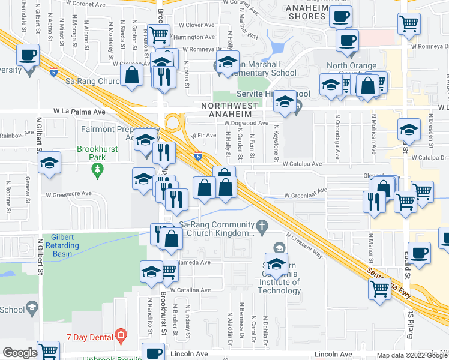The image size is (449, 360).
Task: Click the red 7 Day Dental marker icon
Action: [x=121, y=334]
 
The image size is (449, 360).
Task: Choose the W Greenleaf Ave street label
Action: [x=306, y=195]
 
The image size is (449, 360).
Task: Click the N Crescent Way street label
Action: [x=305, y=246]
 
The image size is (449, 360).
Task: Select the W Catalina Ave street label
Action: [x=190, y=290]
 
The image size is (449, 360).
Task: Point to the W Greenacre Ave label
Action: [x=68, y=194]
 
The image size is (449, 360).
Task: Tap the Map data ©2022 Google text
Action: [x=412, y=355]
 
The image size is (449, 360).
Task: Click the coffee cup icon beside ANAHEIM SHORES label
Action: [x=341, y=16]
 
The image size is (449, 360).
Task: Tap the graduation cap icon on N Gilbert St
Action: [x=49, y=163]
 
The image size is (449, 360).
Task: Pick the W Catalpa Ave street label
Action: [x=303, y=163]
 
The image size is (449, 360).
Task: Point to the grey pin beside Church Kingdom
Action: [x=261, y=226]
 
